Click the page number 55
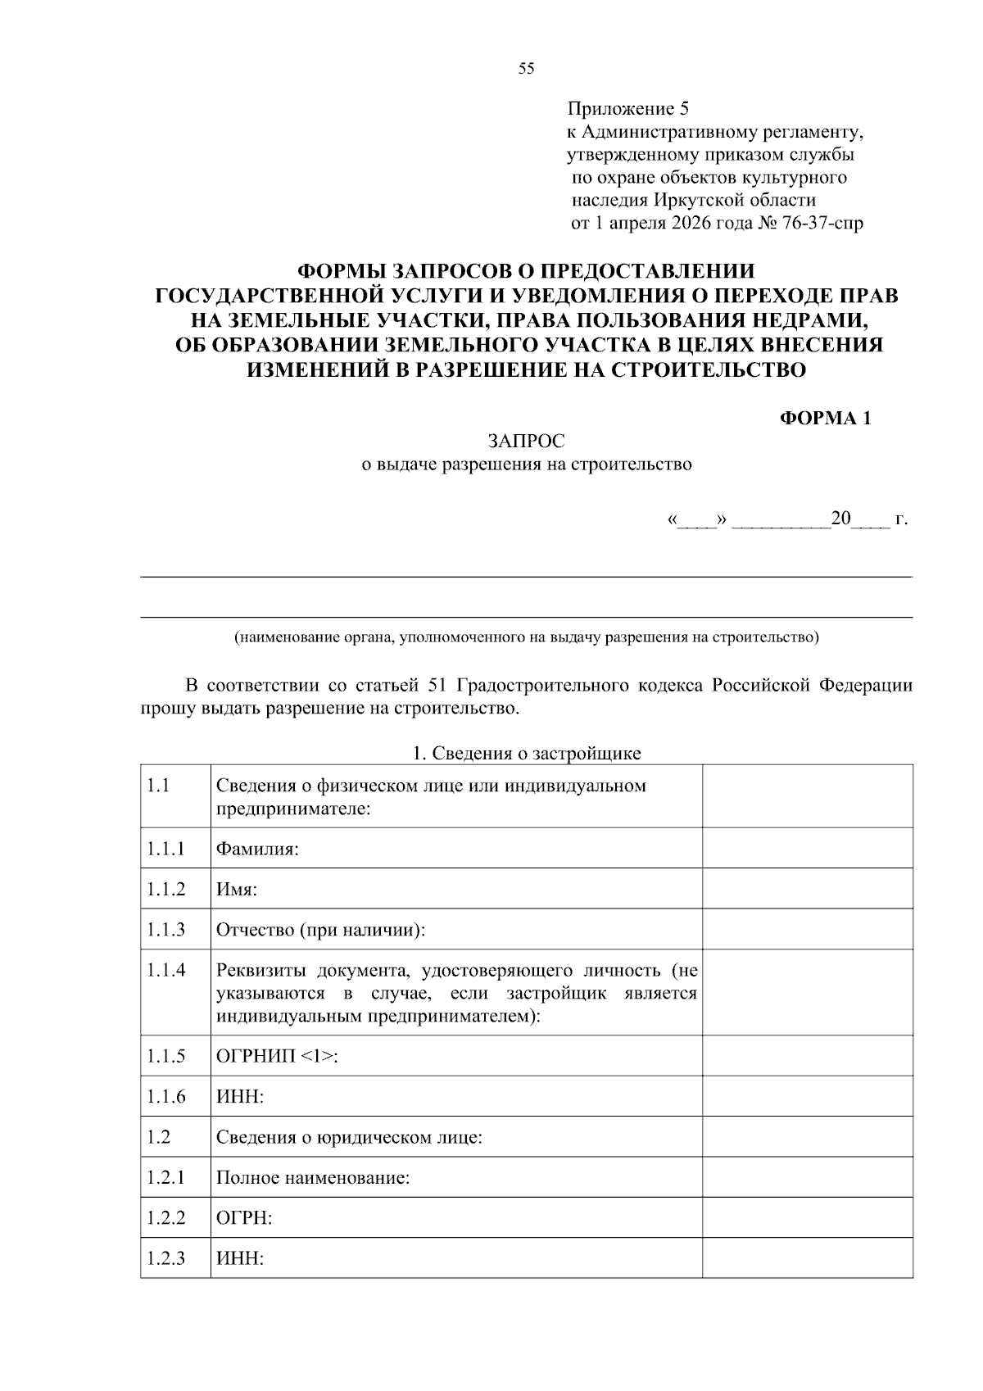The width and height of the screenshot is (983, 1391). pyautogui.click(x=526, y=69)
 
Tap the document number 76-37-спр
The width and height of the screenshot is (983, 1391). pyautogui.click(x=822, y=223)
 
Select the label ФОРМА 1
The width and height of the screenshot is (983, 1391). pyautogui.click(x=825, y=419)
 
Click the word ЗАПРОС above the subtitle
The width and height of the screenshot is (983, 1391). pyautogui.click(x=527, y=442)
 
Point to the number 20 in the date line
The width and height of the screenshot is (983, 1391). pyautogui.click(x=840, y=519)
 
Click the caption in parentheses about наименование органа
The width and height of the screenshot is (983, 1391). pyautogui.click(x=527, y=637)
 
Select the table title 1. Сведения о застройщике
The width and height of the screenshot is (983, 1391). pyautogui.click(x=527, y=753)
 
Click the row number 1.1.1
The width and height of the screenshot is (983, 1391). pyautogui.click(x=166, y=849)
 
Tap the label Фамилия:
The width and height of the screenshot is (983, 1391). pyautogui.click(x=257, y=849)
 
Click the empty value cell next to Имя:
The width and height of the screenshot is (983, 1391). pyautogui.click(x=807, y=889)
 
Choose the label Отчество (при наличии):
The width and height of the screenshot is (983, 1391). pyautogui.click(x=321, y=930)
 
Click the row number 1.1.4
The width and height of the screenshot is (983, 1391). pyautogui.click(x=166, y=970)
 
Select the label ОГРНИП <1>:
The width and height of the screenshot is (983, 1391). pyautogui.click(x=277, y=1056)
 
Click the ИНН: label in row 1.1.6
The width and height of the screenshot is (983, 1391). pyautogui.click(x=240, y=1096)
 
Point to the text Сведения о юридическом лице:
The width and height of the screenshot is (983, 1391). pyautogui.click(x=349, y=1137)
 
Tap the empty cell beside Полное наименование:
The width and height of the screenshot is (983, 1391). pyautogui.click(x=807, y=1177)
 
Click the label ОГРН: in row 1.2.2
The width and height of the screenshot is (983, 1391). pyautogui.click(x=243, y=1218)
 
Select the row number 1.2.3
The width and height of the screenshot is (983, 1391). pyautogui.click(x=166, y=1258)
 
